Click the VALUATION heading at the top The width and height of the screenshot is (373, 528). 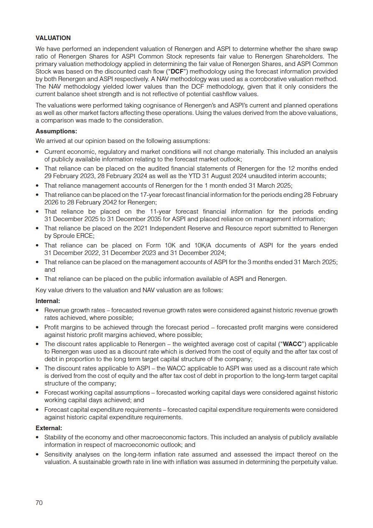click(53, 38)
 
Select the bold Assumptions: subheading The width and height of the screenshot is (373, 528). click(56, 131)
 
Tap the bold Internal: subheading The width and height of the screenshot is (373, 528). click(48, 301)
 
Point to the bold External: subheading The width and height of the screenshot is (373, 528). click(49, 428)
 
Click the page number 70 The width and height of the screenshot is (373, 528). click(39, 503)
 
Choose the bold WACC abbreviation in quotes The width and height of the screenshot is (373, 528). click(292, 344)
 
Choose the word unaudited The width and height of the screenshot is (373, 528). click(260, 176)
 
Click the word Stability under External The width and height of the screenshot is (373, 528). click(56, 437)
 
